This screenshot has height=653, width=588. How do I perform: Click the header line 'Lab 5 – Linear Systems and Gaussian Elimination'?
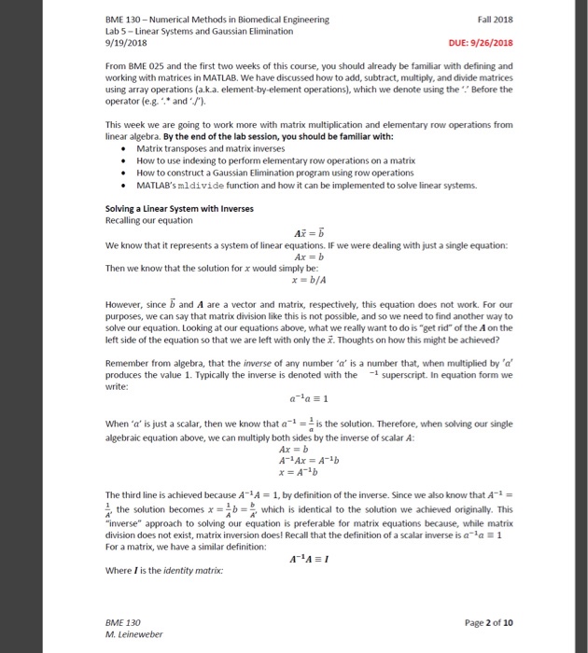200,31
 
